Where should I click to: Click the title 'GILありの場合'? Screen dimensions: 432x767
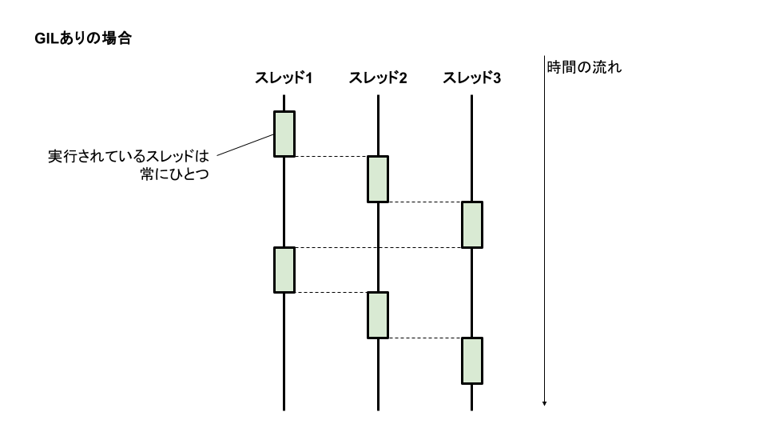click(x=83, y=38)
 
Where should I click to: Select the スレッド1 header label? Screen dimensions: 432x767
click(x=283, y=78)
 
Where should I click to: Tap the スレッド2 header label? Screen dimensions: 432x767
click(x=378, y=78)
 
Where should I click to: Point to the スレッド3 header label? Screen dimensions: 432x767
click(x=472, y=78)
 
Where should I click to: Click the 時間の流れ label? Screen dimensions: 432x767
click(x=584, y=67)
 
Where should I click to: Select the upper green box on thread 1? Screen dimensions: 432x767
click(x=284, y=134)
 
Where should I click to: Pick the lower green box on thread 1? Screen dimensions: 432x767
click(x=284, y=270)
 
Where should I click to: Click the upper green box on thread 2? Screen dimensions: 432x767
click(x=378, y=178)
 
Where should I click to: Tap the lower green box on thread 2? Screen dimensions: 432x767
click(x=378, y=314)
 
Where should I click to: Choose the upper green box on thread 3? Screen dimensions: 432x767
click(x=472, y=225)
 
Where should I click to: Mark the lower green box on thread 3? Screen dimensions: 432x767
click(x=472, y=360)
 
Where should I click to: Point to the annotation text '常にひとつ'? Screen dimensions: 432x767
click(x=174, y=174)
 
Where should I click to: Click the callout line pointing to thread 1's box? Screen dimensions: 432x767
click(x=245, y=145)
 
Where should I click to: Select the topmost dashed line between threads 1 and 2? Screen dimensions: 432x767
click(x=331, y=157)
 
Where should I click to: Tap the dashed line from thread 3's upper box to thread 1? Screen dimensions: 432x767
click(x=378, y=248)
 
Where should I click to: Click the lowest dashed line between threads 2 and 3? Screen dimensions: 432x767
click(x=425, y=338)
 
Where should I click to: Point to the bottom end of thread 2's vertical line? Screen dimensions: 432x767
click(x=378, y=408)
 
